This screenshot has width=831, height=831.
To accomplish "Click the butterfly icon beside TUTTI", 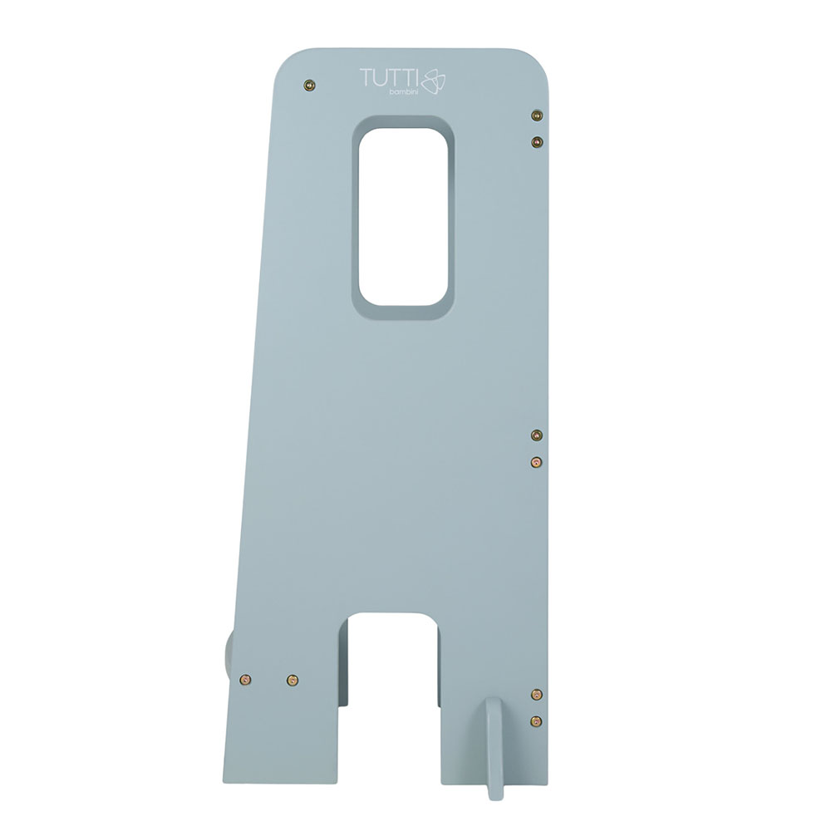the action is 433,81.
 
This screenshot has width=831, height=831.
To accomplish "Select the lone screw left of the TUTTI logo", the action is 310,85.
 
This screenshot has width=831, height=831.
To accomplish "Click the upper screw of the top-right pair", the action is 537,115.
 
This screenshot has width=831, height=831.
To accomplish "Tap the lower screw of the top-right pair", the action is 537,141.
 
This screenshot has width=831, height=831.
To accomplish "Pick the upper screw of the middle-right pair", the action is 537,435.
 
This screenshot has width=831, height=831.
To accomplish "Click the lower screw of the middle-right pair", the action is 537,462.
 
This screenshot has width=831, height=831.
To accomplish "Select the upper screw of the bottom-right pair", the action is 537,694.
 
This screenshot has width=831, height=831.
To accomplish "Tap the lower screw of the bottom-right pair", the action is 537,720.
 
